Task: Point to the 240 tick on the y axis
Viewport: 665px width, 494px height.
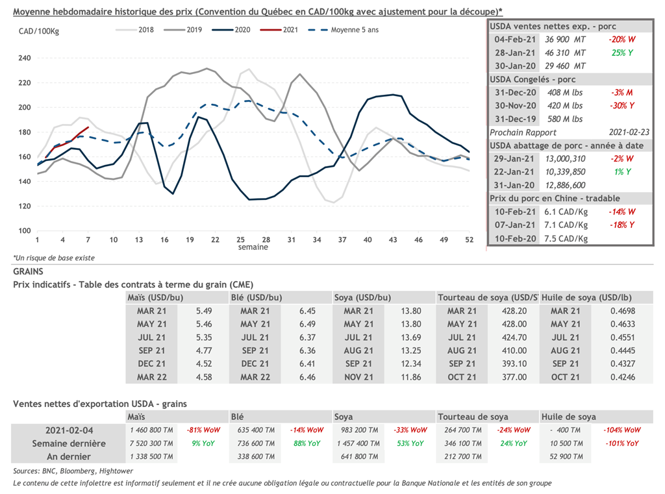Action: [x=24, y=58]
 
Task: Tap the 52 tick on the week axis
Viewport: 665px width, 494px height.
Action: [x=468, y=240]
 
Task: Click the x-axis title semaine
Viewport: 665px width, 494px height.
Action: [x=253, y=247]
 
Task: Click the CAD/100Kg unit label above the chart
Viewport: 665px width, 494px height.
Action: [x=38, y=31]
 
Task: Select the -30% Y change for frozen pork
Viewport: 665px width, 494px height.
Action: [x=621, y=106]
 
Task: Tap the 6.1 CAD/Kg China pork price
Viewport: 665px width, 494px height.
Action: [x=566, y=212]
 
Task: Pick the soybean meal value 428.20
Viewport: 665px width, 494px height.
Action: [x=514, y=311]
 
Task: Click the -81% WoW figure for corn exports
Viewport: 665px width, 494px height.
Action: [x=203, y=430]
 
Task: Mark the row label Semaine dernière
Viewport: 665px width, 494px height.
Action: [x=69, y=443]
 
